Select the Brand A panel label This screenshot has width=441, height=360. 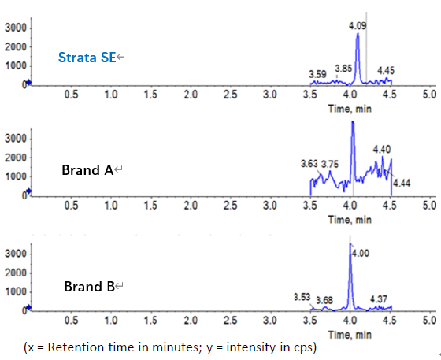coord(87,169)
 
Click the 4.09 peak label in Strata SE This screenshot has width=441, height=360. coord(358,26)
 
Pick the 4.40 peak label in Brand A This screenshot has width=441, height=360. coord(382,148)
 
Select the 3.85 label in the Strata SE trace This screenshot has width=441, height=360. coord(343,69)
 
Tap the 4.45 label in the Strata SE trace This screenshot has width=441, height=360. coord(386,71)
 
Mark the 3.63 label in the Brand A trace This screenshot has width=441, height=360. coord(309,164)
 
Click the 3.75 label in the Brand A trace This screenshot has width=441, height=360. coord(329,164)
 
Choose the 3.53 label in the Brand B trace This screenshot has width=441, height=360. coord(302,297)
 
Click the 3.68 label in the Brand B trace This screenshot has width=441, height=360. coord(324,300)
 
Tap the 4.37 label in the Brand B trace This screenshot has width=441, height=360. coord(378,299)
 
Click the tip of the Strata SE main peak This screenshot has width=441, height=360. coord(358,34)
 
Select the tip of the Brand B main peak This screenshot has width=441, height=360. coord(350,244)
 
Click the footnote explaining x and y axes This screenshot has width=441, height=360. coord(170,347)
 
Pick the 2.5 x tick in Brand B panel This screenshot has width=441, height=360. coord(230,321)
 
